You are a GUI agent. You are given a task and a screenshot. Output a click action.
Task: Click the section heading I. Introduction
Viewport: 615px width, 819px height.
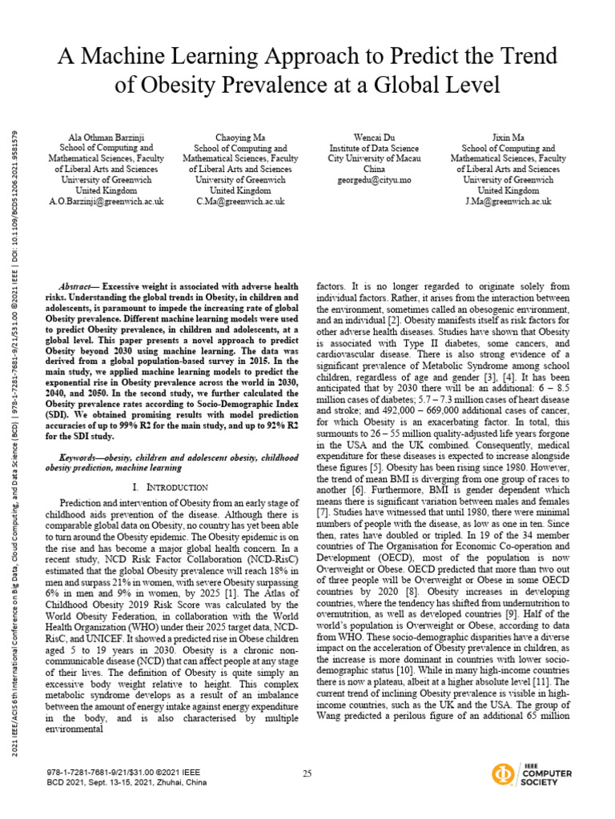(x=168, y=487)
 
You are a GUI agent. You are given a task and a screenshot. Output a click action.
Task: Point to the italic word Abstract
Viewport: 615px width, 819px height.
(x=77, y=286)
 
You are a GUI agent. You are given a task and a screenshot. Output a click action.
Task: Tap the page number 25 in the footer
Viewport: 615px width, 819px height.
(x=307, y=773)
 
